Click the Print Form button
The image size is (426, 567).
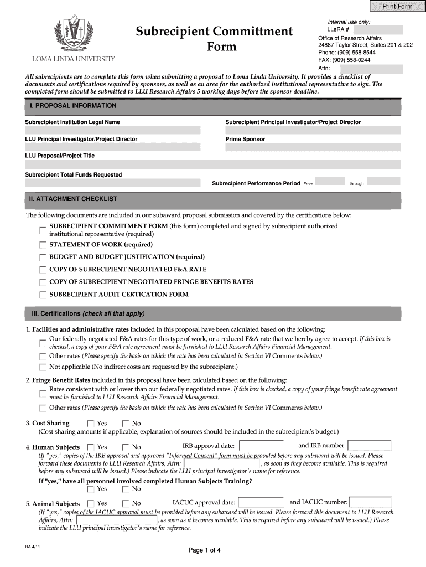click(394, 6)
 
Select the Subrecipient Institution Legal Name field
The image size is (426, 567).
click(112, 130)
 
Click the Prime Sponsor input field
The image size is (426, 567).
click(312, 147)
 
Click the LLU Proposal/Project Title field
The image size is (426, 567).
click(212, 164)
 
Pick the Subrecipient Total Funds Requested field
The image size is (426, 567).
click(112, 183)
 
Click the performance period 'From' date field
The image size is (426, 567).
click(330, 182)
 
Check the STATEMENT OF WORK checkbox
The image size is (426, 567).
click(43, 245)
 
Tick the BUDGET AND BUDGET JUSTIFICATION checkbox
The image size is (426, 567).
click(43, 257)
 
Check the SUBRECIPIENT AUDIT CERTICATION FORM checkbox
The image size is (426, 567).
click(43, 295)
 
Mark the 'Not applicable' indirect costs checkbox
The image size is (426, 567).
click(43, 367)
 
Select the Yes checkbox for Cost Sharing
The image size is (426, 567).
click(91, 424)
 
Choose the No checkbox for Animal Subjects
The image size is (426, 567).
click(126, 503)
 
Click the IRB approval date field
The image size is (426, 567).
click(261, 446)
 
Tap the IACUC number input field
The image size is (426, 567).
click(370, 502)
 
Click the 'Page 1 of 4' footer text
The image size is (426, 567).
click(204, 550)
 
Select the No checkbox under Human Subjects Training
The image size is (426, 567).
click(126, 489)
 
